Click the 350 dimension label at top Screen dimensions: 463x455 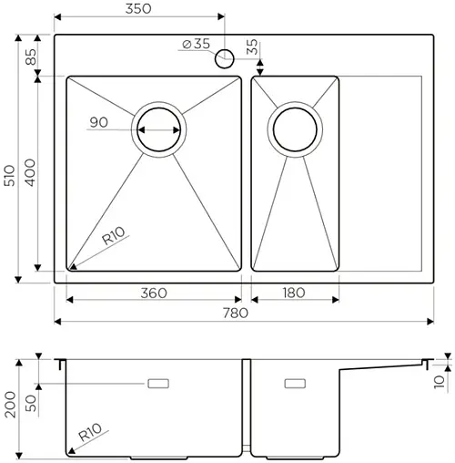(x=136, y=8)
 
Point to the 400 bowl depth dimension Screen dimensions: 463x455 (x=29, y=173)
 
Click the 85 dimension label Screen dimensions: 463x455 (x=29, y=56)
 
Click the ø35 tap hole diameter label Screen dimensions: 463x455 (x=196, y=44)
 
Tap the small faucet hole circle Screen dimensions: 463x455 (x=223, y=59)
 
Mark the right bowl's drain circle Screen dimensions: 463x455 (x=295, y=130)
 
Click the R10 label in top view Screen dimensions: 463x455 (x=114, y=239)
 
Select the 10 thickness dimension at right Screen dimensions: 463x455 (x=440, y=381)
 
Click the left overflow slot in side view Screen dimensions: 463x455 (x=159, y=383)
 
